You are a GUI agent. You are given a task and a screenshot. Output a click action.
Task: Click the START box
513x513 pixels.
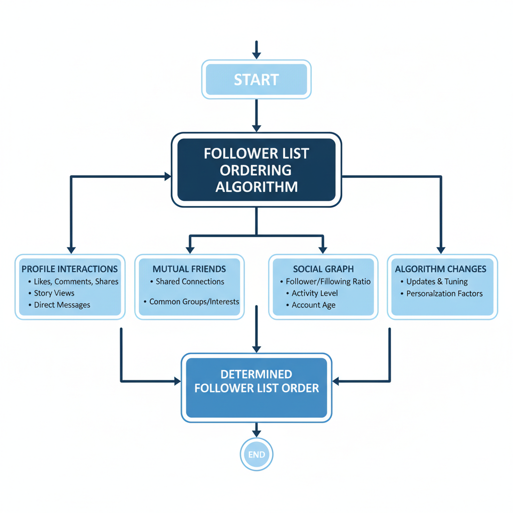click(256, 80)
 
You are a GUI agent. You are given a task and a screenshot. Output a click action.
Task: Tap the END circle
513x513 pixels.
click(256, 454)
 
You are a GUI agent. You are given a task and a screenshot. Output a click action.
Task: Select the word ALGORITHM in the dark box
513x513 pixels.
click(256, 187)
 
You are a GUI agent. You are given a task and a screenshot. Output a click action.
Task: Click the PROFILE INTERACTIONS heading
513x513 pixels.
click(70, 269)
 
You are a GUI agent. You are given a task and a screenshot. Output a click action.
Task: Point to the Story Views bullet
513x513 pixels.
click(54, 293)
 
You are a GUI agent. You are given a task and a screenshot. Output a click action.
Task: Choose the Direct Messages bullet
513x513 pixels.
click(62, 305)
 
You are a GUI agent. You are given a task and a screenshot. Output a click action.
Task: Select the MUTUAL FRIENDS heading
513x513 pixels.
click(189, 269)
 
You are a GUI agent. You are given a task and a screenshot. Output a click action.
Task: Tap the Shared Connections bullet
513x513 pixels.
click(190, 282)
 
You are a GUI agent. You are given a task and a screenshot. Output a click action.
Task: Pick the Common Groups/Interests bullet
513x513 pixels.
click(194, 302)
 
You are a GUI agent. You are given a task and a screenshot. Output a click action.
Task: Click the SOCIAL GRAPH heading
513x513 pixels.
click(323, 269)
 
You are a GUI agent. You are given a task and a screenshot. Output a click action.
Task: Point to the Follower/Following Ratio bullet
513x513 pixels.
click(328, 282)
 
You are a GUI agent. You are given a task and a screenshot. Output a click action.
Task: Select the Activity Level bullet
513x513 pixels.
click(315, 293)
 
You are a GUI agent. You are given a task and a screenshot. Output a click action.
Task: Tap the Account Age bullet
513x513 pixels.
click(314, 305)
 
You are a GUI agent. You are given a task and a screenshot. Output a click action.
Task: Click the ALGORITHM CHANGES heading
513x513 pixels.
click(440, 269)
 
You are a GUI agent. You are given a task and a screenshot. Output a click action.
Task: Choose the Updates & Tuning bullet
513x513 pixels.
click(437, 282)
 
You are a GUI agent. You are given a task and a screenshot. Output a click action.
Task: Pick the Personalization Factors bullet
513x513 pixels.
click(444, 293)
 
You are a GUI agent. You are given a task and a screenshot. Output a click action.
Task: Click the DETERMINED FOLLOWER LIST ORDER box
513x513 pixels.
click(256, 381)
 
